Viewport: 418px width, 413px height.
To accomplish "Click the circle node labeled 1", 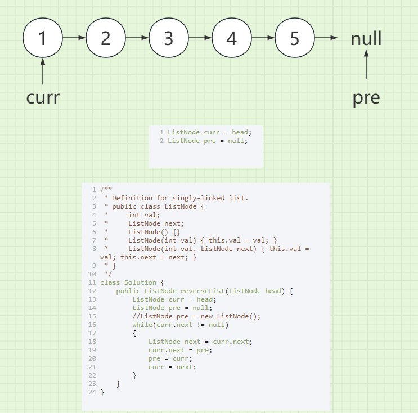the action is coord(42,38).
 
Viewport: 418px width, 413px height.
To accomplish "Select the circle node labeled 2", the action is coord(106,38).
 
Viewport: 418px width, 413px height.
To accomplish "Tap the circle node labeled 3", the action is coord(169,38).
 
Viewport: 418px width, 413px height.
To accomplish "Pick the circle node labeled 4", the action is coord(232,38).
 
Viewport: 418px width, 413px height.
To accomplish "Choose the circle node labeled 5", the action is coord(295,38).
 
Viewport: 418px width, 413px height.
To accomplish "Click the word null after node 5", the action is coord(366,38).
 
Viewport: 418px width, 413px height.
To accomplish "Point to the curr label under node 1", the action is coord(43,97).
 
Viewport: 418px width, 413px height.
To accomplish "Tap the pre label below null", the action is coord(366,97).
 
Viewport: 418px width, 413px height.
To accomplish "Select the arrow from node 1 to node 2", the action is coord(74,38).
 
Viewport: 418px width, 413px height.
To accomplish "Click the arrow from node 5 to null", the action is coord(326,38).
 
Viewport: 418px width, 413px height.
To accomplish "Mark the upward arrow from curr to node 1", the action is coord(42,71).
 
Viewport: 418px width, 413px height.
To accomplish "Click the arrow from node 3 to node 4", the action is coord(200,38).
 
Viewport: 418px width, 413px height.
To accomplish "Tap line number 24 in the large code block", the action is coord(92,392).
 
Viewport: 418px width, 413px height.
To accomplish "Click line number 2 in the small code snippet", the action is coord(161,141).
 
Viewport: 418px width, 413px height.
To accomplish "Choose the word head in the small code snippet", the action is coord(240,132).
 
